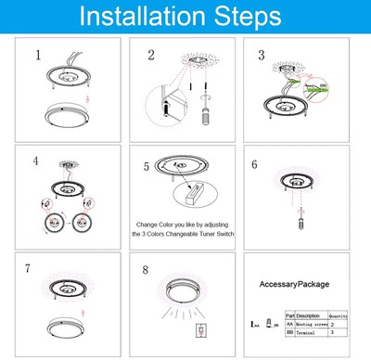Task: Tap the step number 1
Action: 38,55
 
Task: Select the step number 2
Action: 150,55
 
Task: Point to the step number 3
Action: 262,55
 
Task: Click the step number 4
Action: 36,160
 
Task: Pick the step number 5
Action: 146,167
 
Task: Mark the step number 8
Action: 145,271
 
